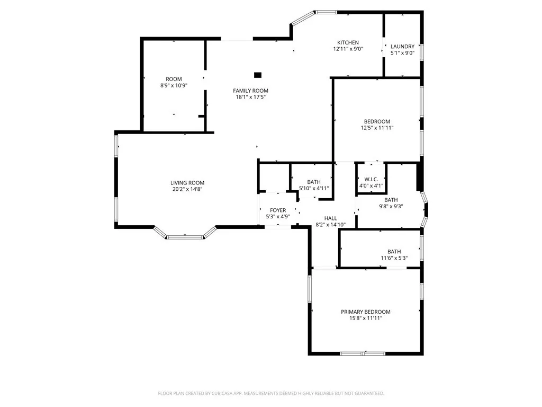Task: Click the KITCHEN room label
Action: (348, 42)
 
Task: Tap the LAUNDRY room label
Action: (402, 46)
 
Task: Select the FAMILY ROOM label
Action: (251, 91)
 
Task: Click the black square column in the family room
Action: (258, 75)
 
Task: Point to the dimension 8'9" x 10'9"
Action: (174, 85)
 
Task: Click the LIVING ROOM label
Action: (187, 183)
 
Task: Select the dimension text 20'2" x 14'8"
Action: (187, 189)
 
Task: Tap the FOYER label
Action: (278, 210)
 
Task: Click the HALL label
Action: (330, 218)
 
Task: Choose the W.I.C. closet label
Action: (371, 179)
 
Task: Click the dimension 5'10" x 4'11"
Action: (314, 188)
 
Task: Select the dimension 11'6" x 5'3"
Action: (394, 258)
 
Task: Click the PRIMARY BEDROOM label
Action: (365, 312)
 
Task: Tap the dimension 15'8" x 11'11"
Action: (365, 318)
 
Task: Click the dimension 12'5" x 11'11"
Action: (377, 128)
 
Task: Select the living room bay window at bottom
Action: (185, 237)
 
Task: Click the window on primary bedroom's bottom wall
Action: (363, 353)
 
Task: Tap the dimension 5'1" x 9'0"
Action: (402, 52)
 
